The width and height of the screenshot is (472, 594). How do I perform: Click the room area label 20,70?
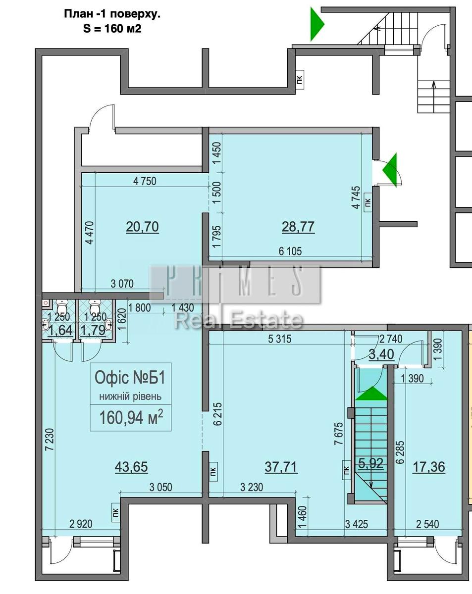coord(142,227)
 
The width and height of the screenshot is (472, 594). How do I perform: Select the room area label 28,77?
coord(298,227)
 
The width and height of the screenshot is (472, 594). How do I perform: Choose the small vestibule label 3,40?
coord(381,354)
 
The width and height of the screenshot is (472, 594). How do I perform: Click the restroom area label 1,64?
coord(60,330)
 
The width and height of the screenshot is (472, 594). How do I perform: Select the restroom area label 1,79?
coord(94,330)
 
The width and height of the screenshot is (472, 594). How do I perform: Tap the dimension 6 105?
coord(290,251)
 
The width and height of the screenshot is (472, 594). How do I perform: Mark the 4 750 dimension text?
coord(145,181)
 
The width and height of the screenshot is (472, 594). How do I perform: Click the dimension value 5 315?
coord(280,339)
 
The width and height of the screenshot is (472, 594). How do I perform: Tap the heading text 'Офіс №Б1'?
coord(130,378)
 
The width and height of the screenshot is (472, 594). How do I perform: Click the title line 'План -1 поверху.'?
coord(112,14)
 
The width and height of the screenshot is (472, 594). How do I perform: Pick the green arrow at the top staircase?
coord(316,24)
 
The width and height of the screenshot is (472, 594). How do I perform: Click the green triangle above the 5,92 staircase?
coord(371,394)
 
